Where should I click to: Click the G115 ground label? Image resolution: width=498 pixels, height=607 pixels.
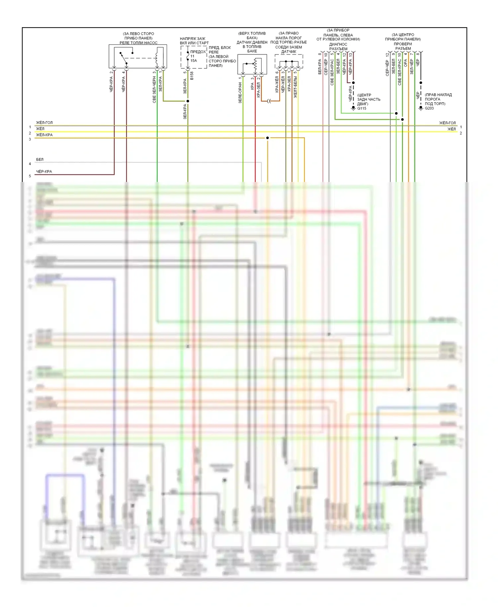(x=362, y=108)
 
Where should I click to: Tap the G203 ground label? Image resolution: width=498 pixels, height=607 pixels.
(x=429, y=108)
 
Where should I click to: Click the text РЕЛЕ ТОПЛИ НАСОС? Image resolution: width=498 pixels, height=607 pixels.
(x=138, y=43)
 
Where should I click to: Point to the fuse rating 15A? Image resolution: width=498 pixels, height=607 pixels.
(x=194, y=60)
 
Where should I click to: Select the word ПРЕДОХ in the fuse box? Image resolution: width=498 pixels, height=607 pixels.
(x=198, y=52)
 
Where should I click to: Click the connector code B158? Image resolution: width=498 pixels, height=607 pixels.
(x=192, y=76)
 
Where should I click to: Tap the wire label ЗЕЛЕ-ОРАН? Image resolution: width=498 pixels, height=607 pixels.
(x=240, y=93)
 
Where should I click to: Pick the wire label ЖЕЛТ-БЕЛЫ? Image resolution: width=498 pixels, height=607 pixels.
(x=295, y=87)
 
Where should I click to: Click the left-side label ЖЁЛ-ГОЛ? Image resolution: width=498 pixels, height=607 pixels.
(x=44, y=123)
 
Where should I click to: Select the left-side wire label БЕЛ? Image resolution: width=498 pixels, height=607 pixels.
(x=40, y=159)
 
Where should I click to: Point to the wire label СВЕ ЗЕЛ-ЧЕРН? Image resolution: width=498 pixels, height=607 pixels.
(x=154, y=90)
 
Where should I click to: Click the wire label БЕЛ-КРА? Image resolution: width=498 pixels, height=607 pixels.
(x=320, y=67)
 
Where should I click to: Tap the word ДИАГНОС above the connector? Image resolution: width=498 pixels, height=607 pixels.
(x=338, y=44)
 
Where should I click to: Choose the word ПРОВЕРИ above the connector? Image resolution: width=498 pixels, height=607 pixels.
(x=403, y=44)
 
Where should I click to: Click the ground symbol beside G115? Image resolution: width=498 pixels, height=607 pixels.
(x=353, y=109)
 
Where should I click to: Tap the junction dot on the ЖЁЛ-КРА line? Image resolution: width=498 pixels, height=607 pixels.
(x=268, y=138)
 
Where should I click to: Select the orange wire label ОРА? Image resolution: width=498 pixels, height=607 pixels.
(x=405, y=63)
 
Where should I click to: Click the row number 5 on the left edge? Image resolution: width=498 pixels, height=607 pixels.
(x=30, y=176)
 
